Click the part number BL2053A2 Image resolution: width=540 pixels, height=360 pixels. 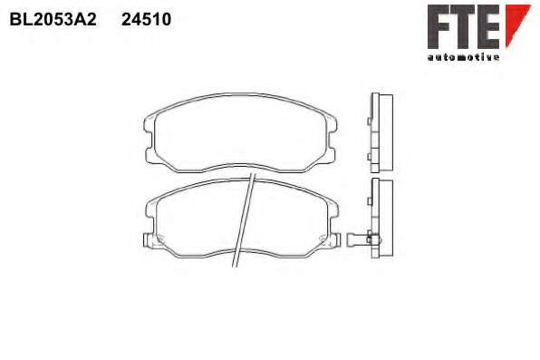(x=53, y=19)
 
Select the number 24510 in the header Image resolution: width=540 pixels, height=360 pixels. (x=147, y=19)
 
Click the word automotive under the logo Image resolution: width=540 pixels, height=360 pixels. (x=463, y=57)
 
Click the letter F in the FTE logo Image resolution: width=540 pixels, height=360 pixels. (x=438, y=26)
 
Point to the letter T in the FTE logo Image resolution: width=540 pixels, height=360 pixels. (x=462, y=26)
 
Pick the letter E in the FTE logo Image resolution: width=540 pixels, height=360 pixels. (x=488, y=26)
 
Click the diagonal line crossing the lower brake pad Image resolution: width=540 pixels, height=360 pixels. (x=244, y=220)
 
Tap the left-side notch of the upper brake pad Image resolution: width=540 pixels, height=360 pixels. (x=148, y=140)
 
